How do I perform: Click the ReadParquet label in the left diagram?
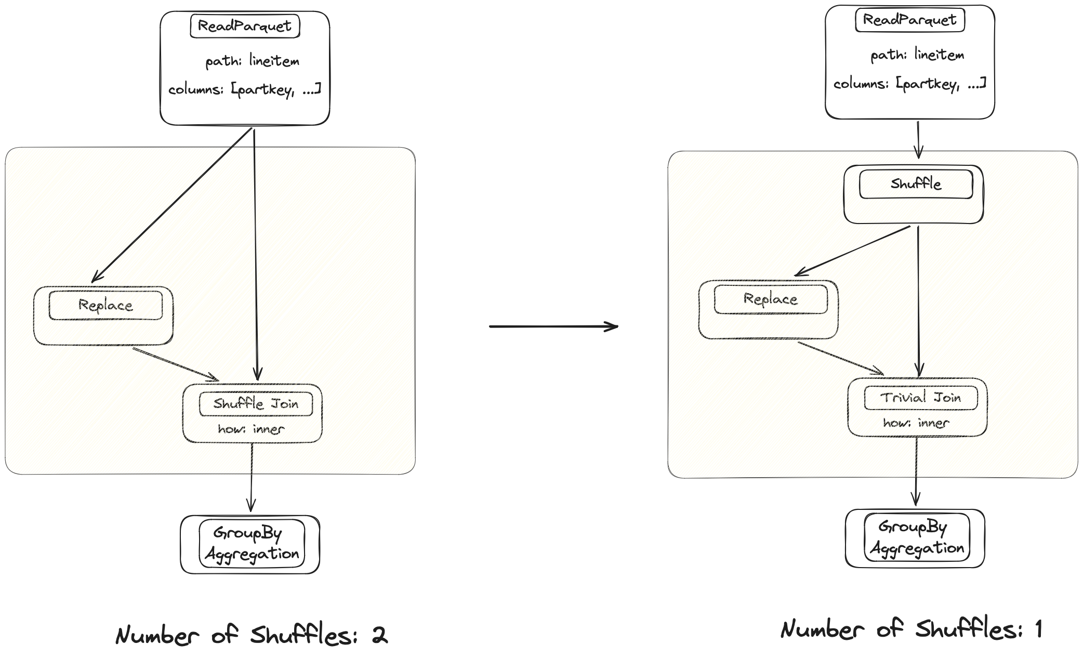click(x=245, y=26)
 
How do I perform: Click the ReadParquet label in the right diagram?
click(x=909, y=20)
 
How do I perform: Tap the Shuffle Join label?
click(x=256, y=404)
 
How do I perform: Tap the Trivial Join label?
click(x=920, y=398)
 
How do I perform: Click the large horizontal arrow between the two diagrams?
click(x=553, y=326)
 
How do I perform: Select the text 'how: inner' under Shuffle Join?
click(x=251, y=429)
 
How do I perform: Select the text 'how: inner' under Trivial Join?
click(x=916, y=423)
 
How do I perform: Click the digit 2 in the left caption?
click(x=380, y=635)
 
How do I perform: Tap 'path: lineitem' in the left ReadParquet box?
click(x=252, y=61)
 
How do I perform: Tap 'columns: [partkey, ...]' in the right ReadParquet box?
click(x=909, y=84)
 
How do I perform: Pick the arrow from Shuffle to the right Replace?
click(x=852, y=251)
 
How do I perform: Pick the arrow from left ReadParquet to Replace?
click(x=171, y=206)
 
